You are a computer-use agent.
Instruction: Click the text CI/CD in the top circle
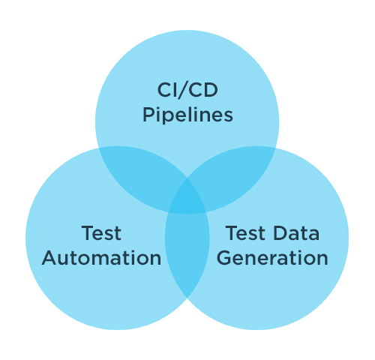tap(187, 90)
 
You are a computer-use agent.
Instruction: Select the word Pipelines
tap(187, 115)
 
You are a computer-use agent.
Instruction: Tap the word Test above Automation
tap(101, 233)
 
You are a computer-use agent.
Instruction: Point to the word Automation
tap(101, 258)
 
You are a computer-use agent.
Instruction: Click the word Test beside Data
tap(245, 233)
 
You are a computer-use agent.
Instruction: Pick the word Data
tap(296, 233)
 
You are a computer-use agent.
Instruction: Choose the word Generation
tap(272, 258)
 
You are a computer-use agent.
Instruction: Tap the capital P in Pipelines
tap(148, 115)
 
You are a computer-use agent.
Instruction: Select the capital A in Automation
tap(49, 258)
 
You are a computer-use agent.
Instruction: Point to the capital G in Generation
tap(224, 258)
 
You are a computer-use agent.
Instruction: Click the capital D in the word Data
tap(280, 233)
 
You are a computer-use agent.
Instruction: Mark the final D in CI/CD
tap(211, 90)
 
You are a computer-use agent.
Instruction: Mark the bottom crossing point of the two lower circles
tap(187, 298)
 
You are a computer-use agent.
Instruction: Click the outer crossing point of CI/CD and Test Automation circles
tap(98, 148)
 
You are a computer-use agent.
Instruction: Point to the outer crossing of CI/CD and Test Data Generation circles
tap(276, 148)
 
